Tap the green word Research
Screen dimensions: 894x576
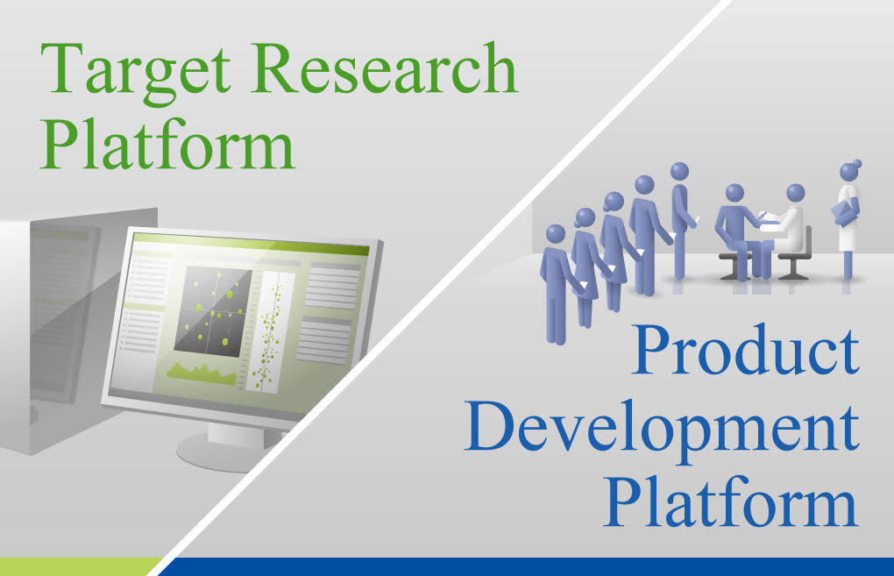384,68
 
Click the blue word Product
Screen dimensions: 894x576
745,349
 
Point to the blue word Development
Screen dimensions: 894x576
662,429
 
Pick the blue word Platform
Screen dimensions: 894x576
731,501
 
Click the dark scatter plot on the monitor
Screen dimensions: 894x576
213,311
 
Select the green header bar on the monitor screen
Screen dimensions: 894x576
251,243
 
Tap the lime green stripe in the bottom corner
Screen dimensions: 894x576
79,567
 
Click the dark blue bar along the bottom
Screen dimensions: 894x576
524,567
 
